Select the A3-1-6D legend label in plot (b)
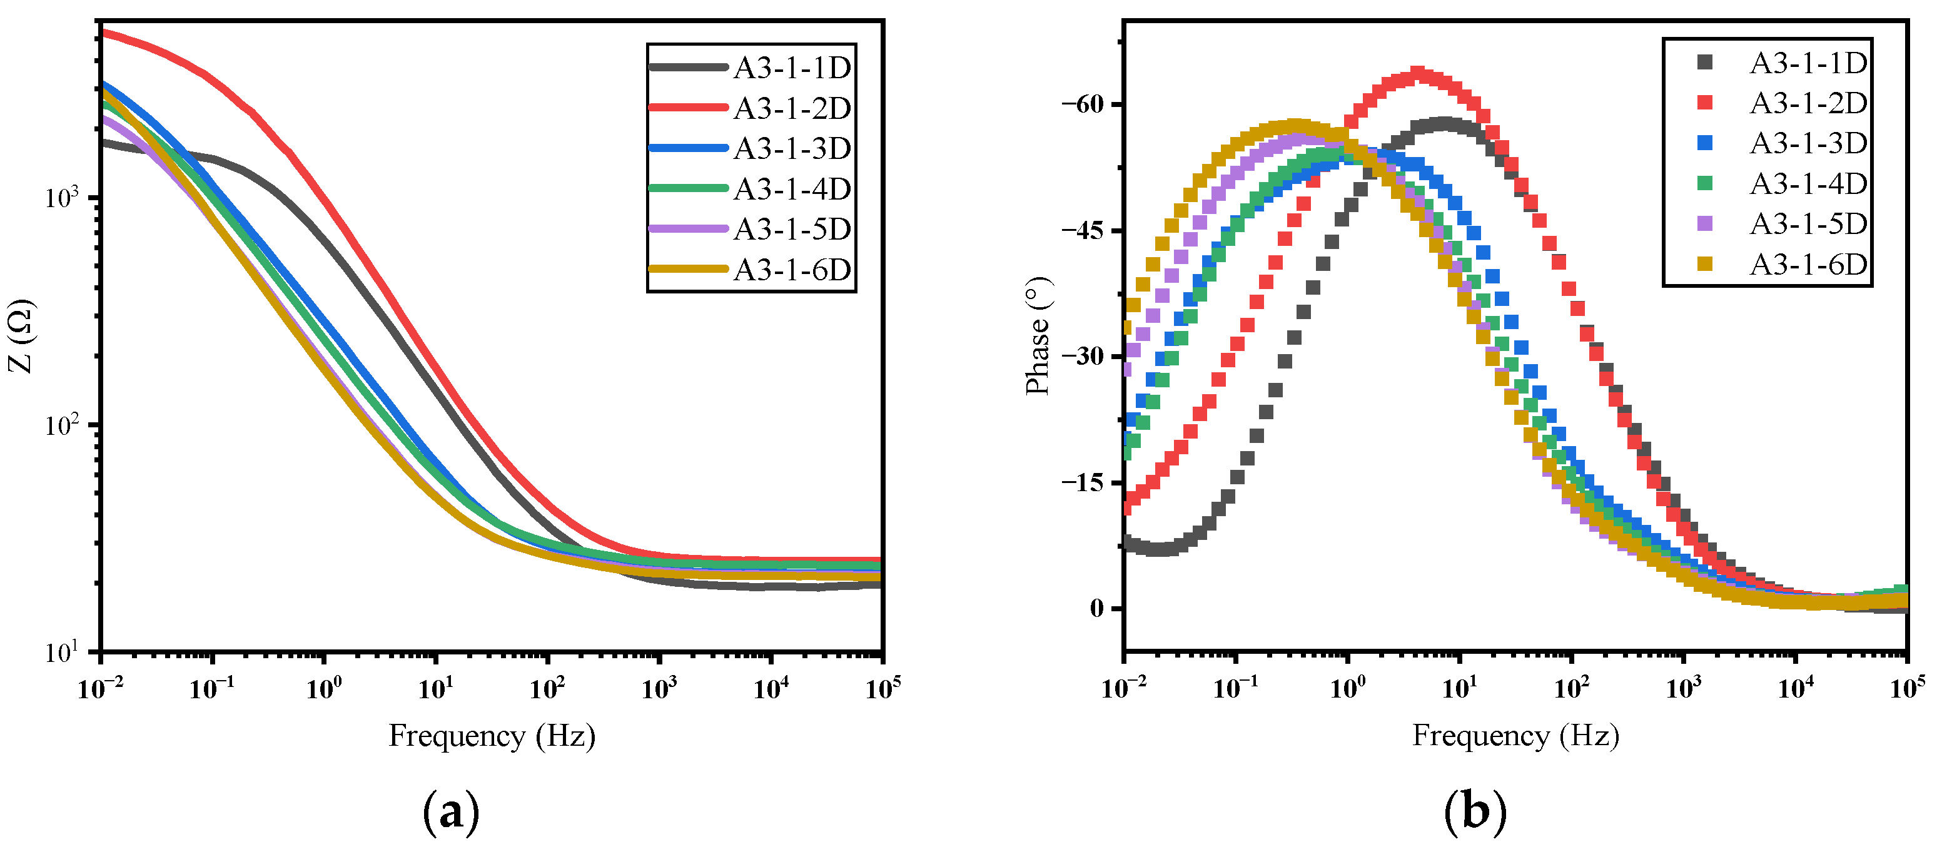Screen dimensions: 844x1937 pyautogui.click(x=1808, y=264)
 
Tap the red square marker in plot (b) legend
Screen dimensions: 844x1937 pyautogui.click(x=1706, y=103)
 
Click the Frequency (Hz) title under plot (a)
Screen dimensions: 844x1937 pyautogui.click(x=492, y=736)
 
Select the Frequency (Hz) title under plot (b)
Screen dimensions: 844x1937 pyautogui.click(x=1515, y=736)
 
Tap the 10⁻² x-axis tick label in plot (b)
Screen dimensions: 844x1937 pyautogui.click(x=1123, y=688)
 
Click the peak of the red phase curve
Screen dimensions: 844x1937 pyautogui.click(x=1417, y=74)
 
